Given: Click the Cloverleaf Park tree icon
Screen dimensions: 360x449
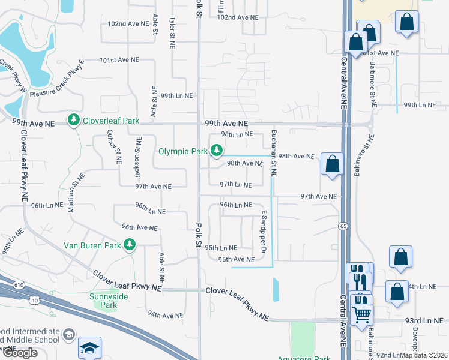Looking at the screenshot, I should coord(74,121).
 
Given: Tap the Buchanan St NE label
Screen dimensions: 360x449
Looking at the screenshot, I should coord(273,153).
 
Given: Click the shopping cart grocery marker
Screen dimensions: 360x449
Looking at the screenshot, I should coord(360,313).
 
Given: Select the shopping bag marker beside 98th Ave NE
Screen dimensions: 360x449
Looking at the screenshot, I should coord(332,164).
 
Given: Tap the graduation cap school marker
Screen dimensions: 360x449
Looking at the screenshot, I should coord(89,347).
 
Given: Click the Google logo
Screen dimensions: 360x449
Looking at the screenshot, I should coord(20,353).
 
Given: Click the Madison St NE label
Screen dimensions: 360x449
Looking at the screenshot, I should coord(78,192).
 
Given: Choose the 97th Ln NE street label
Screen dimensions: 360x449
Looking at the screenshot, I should coord(235,185).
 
